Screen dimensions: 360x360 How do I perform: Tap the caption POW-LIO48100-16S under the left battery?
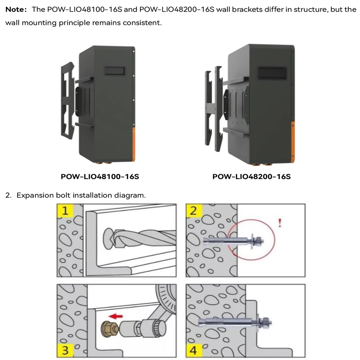point(100,177)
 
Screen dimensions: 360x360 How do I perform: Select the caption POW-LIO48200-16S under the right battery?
point(252,177)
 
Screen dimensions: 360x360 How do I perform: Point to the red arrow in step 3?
point(116,316)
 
